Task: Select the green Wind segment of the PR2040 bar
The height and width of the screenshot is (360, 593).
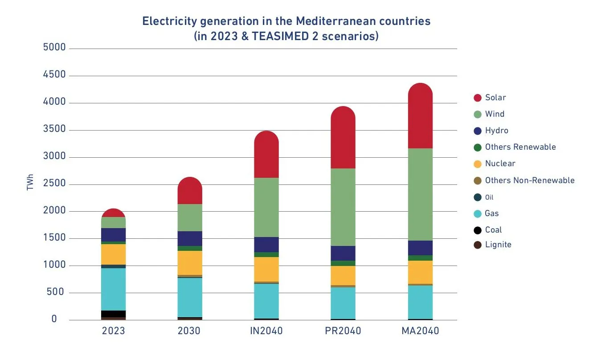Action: tap(343, 207)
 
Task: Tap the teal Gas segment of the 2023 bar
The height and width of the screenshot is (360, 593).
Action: tap(113, 289)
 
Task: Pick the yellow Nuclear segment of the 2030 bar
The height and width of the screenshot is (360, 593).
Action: tap(190, 263)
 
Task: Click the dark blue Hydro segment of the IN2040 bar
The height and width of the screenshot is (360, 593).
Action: tap(266, 245)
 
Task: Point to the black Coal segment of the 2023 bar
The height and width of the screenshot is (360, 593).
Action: tap(113, 314)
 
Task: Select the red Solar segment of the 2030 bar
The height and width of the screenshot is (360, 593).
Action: tap(190, 192)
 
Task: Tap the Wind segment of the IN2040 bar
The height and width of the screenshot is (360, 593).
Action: tap(266, 207)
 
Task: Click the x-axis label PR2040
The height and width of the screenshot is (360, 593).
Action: tap(343, 331)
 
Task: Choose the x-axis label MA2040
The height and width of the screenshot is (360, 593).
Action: tap(420, 331)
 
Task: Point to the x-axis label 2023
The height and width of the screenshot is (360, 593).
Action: tap(113, 331)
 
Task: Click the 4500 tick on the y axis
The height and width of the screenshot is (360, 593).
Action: tap(54, 75)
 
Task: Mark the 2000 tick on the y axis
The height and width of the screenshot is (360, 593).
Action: tap(54, 211)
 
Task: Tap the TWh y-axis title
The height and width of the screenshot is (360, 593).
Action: tap(30, 184)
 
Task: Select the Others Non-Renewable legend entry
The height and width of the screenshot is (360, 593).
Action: tap(529, 180)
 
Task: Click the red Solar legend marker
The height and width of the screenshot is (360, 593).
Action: tap(478, 98)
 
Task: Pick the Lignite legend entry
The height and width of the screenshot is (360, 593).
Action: tap(498, 245)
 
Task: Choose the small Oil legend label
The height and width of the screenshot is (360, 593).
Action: tap(489, 197)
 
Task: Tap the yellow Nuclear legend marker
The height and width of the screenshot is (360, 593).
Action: tap(478, 164)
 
